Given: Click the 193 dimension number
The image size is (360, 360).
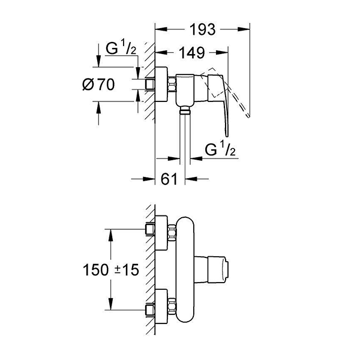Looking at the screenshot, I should (203, 28).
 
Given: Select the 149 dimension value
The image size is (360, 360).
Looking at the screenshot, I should (191, 53).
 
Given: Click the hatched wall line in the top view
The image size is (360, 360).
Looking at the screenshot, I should (143, 84).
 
